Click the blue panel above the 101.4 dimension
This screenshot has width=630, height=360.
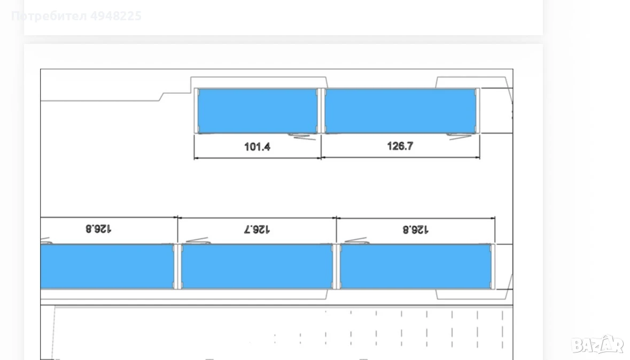[x=258, y=111]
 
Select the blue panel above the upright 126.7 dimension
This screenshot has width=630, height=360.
[x=401, y=111]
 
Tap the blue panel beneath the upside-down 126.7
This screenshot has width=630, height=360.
[x=257, y=267]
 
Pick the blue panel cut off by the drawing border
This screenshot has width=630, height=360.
[x=107, y=267]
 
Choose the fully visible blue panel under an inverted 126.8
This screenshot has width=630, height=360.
[x=415, y=267]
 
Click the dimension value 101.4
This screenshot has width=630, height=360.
[x=257, y=147]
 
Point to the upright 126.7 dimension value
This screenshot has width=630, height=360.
[x=400, y=146]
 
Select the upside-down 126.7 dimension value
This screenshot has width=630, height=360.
[x=256, y=230]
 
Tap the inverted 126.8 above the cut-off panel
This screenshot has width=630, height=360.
[x=98, y=229]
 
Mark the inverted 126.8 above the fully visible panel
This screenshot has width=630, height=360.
[x=415, y=230]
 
